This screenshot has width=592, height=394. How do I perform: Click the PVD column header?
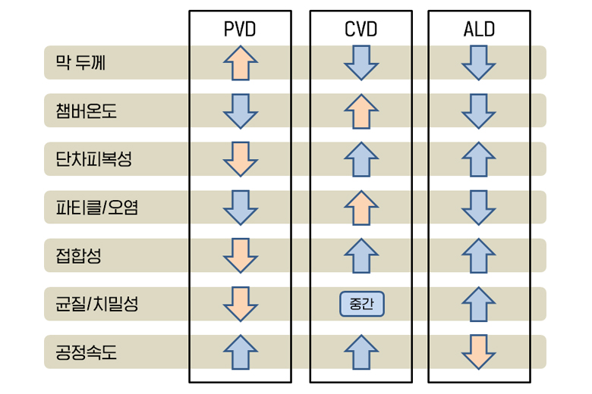click(240, 30)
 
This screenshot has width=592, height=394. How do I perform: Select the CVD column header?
click(361, 30)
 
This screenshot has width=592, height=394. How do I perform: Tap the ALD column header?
click(479, 30)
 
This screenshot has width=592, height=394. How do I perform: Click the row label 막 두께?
click(80, 62)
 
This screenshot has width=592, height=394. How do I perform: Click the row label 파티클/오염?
click(96, 207)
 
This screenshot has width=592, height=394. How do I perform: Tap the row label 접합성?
click(78, 255)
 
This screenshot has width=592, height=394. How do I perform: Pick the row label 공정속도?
click(86, 352)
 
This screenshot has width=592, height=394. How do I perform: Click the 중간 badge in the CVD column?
click(362, 304)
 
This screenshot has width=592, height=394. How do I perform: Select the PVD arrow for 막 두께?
click(241, 62)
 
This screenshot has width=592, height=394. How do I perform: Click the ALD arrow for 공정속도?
click(479, 352)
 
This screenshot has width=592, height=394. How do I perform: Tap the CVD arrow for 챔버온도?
click(361, 111)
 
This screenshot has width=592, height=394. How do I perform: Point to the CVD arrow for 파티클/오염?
click(361, 207)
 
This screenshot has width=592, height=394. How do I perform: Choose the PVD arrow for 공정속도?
click(241, 352)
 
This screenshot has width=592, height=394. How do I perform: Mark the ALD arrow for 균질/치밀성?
click(479, 304)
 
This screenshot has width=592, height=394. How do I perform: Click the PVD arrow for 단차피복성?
click(241, 159)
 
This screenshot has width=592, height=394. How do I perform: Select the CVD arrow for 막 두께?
click(361, 62)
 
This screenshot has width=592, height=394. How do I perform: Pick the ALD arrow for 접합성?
click(479, 255)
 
